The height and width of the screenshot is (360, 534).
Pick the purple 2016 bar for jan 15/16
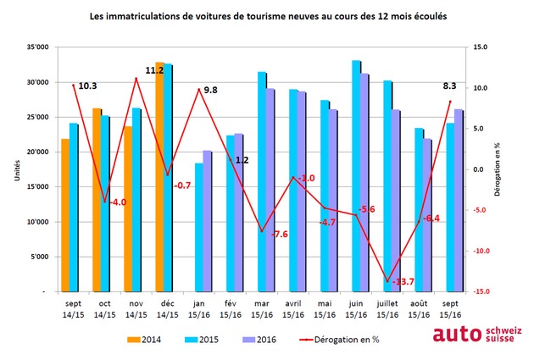tap(208, 221)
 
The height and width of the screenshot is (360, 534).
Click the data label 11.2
tap(154, 71)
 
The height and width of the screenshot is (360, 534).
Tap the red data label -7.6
tap(280, 234)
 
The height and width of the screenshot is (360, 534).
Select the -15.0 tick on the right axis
tap(481, 291)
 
